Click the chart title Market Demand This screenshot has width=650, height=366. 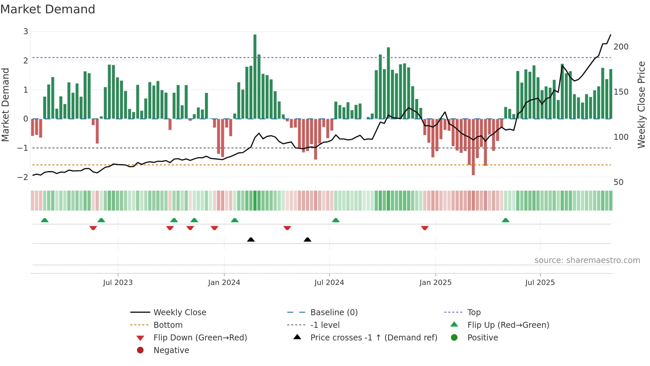pos(48,9)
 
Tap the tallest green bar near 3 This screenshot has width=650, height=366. pos(255,76)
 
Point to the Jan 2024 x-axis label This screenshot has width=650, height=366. pos(224,283)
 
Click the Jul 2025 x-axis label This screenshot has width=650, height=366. pos(540,283)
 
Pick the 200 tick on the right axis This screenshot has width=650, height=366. pos(621,47)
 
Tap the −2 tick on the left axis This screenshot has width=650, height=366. pos(23,177)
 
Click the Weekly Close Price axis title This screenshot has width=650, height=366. pos(641,105)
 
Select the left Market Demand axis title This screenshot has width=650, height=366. pos(6,105)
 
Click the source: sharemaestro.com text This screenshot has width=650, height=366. pos(587,260)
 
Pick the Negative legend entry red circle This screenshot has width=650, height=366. pos(140,350)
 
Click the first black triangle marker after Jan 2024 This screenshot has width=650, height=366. pos(251,239)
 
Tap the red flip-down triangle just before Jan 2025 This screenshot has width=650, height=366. pos(424,228)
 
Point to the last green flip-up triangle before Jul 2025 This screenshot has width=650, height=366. pos(505,220)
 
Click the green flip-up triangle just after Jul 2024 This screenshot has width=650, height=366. pos(336,220)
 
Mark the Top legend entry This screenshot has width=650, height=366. pos(474,313)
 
